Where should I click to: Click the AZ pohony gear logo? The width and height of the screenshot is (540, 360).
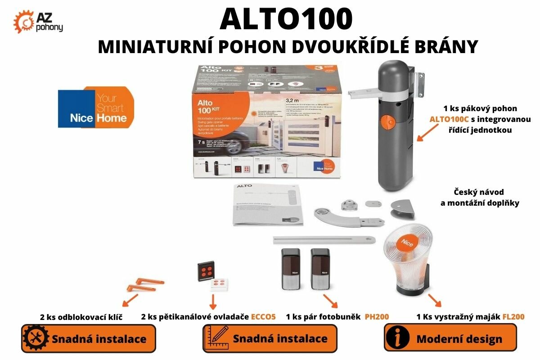[23, 21]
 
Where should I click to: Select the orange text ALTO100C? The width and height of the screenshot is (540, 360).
[449, 119]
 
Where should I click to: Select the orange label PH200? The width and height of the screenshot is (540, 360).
[377, 317]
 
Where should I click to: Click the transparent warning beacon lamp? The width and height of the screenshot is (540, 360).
[407, 261]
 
